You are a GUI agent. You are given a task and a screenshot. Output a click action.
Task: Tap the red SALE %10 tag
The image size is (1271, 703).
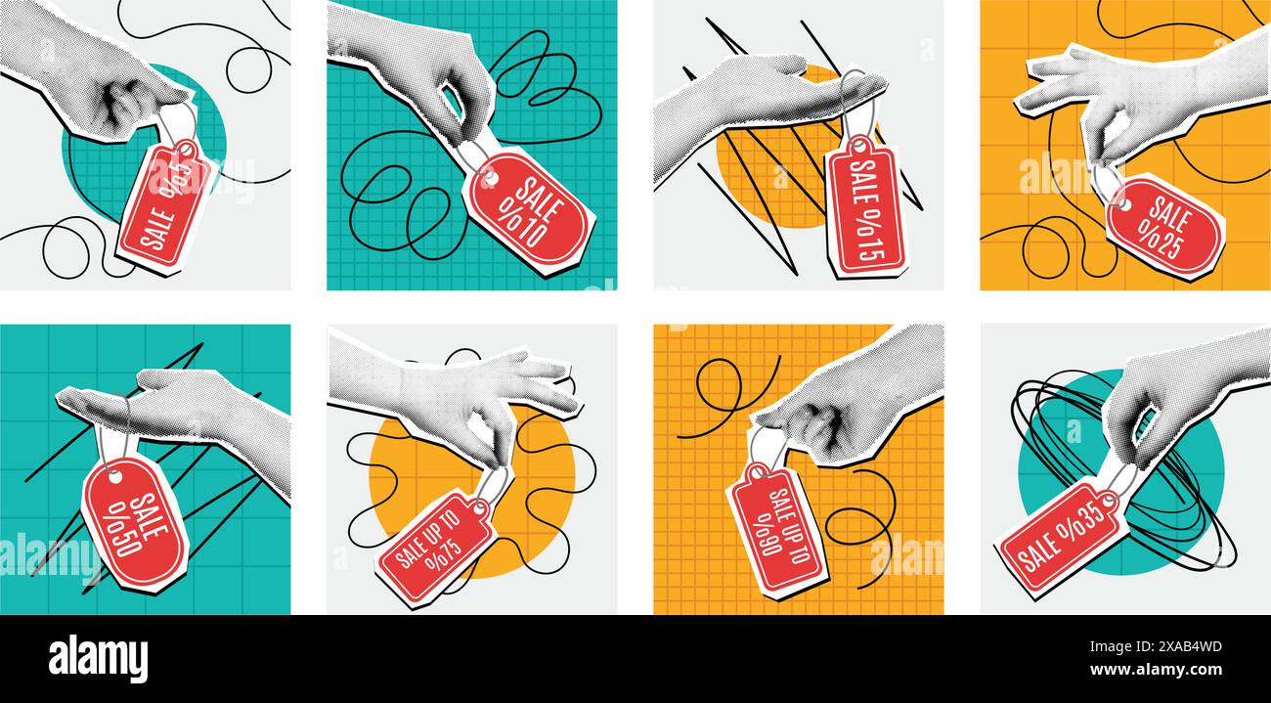point(528,210)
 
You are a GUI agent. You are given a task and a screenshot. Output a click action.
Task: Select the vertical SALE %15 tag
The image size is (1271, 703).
point(866,206)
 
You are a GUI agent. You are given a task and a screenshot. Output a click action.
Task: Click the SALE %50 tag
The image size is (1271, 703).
point(134,523)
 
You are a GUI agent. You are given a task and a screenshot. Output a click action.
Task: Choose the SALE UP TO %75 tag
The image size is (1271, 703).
point(435,548)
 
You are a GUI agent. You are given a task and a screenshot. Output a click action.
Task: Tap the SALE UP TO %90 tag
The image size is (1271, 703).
point(778,528)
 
